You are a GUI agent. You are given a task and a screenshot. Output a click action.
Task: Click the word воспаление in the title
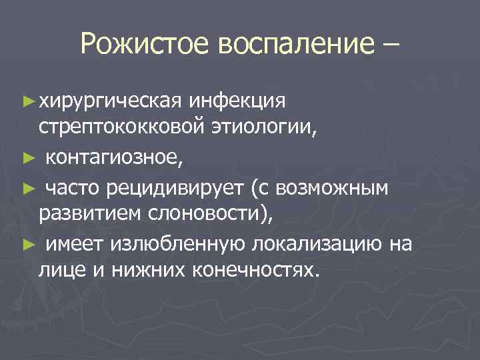tap(292, 45)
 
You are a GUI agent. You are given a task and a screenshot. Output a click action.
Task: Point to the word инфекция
tap(238, 101)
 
